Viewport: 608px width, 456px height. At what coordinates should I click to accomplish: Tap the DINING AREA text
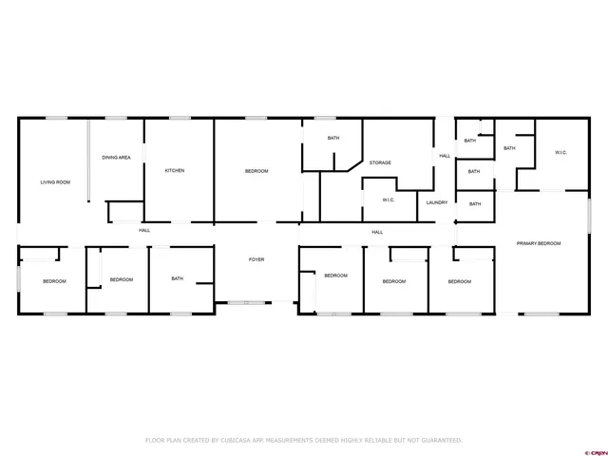[x=117, y=157]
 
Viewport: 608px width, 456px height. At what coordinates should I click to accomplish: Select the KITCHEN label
[x=174, y=171]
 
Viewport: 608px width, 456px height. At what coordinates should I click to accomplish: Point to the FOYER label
[x=256, y=259]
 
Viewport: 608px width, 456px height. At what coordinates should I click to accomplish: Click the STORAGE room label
[x=380, y=162]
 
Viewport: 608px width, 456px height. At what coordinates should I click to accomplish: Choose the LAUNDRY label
[x=437, y=202]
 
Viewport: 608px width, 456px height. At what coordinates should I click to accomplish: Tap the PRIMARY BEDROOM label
[x=539, y=243]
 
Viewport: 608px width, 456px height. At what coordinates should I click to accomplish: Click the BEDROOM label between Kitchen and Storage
[x=256, y=171]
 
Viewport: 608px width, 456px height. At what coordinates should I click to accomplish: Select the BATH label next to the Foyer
[x=178, y=278]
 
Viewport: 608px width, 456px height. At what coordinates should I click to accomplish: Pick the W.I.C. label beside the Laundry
[x=389, y=199]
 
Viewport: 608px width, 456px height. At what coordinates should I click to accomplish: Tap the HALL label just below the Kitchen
[x=144, y=230]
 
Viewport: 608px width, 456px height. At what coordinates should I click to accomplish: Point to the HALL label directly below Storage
[x=377, y=232]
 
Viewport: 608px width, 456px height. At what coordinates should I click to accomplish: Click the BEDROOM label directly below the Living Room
[x=54, y=281]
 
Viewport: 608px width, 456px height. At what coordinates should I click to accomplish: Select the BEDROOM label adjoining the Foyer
[x=335, y=275]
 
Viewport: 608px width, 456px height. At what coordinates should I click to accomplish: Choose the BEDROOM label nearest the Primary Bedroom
[x=460, y=281]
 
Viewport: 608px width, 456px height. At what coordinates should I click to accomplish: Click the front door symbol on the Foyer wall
[x=245, y=303]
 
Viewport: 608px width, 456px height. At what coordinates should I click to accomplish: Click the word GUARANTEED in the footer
[x=440, y=441]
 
